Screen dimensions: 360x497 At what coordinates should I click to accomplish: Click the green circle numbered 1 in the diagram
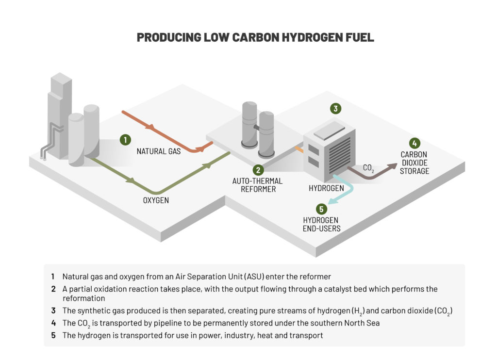[x=125, y=140]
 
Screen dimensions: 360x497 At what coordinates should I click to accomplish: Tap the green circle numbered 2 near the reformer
[x=258, y=170]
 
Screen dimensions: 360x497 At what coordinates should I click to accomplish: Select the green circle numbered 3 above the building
[x=335, y=108]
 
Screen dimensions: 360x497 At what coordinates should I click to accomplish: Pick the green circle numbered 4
[x=414, y=143]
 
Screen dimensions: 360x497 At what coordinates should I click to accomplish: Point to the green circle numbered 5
[x=320, y=209]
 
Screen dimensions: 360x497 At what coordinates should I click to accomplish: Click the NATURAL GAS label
[x=159, y=151]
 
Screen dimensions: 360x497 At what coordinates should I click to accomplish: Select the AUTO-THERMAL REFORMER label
[x=257, y=185]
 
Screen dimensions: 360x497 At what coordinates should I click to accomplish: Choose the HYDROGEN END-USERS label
[x=320, y=224]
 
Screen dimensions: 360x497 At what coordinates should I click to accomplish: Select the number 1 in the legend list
[x=52, y=277]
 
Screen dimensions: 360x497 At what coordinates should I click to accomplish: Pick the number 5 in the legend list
[x=52, y=335]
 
